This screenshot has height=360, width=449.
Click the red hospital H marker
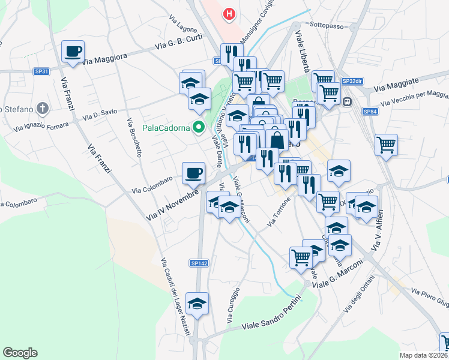tap(229, 14)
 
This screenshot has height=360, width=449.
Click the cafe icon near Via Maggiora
tap(73, 51)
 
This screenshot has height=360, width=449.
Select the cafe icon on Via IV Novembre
tap(193, 173)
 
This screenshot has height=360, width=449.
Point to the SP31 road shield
tap(41, 71)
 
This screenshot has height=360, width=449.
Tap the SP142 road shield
tap(199, 263)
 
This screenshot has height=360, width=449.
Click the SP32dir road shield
tap(352, 81)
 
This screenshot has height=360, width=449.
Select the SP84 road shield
tap(369, 111)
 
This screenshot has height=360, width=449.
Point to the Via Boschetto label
tap(134, 138)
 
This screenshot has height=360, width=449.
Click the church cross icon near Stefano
tap(41, 109)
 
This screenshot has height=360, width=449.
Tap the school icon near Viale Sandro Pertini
tap(197, 304)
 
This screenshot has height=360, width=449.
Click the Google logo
tap(20, 353)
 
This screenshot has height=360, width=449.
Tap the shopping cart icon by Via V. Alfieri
tap(386, 144)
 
